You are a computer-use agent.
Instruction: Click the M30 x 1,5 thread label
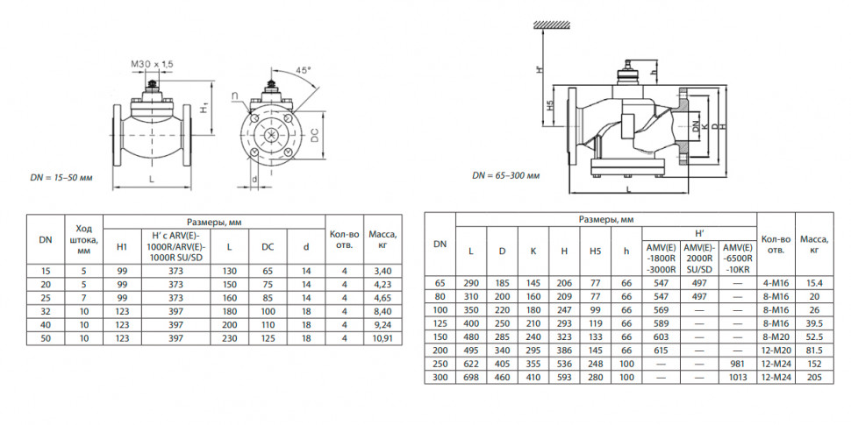point(152,64)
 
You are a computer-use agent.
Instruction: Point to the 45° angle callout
point(303,70)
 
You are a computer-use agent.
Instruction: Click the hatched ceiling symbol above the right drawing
point(553,24)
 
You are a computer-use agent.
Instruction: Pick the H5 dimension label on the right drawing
point(549,106)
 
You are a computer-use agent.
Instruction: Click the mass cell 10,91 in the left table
point(383,339)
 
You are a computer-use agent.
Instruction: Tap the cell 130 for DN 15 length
point(229,271)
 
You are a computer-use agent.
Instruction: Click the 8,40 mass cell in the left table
point(383,312)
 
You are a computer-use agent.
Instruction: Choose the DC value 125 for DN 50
point(268,339)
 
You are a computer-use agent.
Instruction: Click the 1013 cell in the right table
point(737,378)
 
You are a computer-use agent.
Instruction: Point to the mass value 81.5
point(814,351)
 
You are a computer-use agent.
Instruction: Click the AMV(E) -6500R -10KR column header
point(737,258)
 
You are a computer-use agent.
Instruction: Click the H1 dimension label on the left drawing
point(204,109)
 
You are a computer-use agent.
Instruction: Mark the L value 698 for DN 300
point(471,378)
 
